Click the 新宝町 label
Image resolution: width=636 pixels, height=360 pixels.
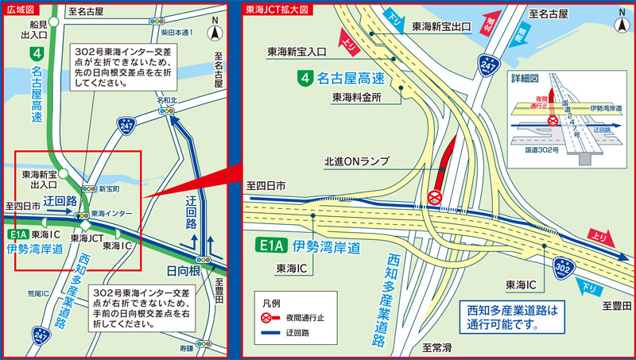tap(109, 189)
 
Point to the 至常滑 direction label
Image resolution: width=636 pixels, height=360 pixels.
tap(437, 348)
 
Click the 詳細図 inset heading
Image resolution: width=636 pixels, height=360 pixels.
tap(525, 79)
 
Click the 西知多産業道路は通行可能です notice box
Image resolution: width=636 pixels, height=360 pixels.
tap(514, 316)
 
